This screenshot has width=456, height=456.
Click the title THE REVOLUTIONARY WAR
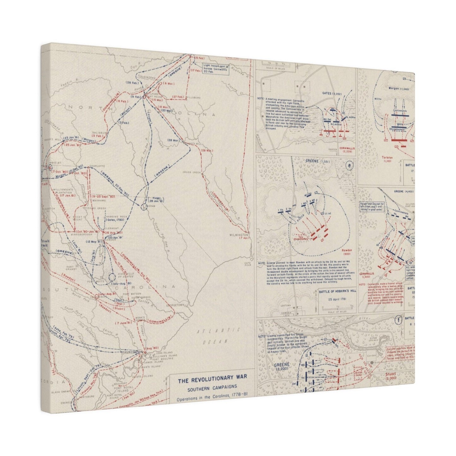[x=212, y=381]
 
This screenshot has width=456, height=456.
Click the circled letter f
[x=399, y=320]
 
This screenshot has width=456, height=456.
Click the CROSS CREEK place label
[x=192, y=172]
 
